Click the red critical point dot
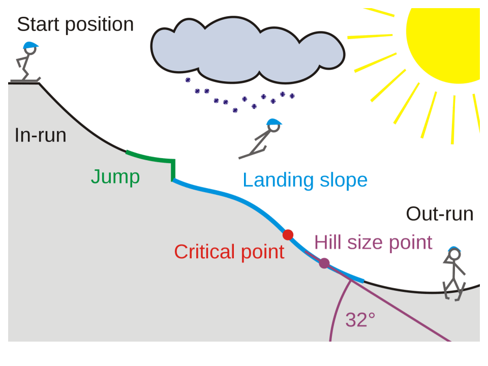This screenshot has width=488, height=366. tap(288, 234)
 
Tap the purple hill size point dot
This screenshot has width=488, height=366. tap(324, 263)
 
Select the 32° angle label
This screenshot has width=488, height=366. tap(360, 320)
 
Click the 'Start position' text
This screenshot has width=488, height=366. tap(75, 24)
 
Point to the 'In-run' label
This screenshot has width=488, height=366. tap(40, 135)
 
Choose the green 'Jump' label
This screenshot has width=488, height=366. tap(115, 177)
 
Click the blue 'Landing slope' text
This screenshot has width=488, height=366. tap(305, 180)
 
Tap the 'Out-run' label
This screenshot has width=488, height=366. tap(439, 214)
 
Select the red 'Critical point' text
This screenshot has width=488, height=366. tap(229, 252)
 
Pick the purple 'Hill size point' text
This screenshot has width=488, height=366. tap(373, 242)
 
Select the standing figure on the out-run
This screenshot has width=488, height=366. tap(454, 274)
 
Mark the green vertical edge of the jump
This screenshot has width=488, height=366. tap(173, 170)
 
